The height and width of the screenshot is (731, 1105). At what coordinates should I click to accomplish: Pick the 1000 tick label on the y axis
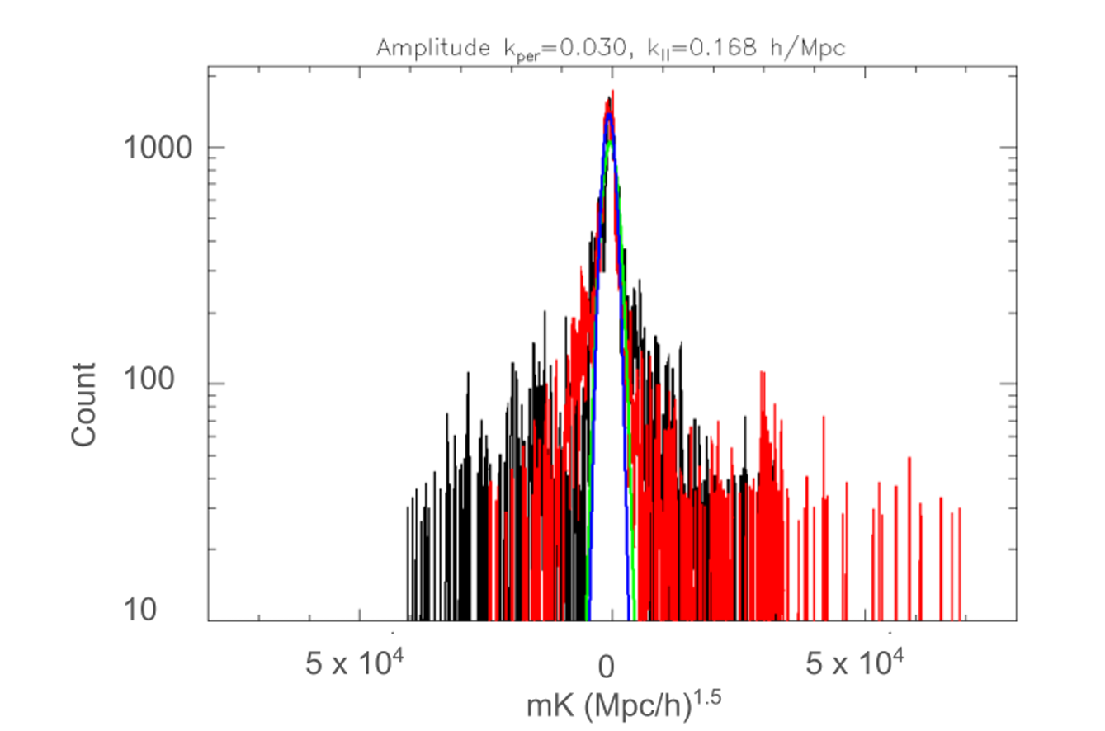click(x=158, y=149)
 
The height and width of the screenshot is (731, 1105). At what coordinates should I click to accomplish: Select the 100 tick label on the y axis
click(x=166, y=384)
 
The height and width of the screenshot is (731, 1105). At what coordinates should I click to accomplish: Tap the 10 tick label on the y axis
click(x=173, y=611)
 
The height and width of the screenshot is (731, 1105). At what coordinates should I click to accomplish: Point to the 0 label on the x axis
click(x=607, y=663)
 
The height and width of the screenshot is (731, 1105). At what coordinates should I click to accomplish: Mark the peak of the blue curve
click(x=609, y=115)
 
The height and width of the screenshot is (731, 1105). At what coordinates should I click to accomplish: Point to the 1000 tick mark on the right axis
click(x=1010, y=149)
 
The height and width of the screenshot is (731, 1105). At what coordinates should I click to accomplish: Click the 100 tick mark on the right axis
click(x=1010, y=384)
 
